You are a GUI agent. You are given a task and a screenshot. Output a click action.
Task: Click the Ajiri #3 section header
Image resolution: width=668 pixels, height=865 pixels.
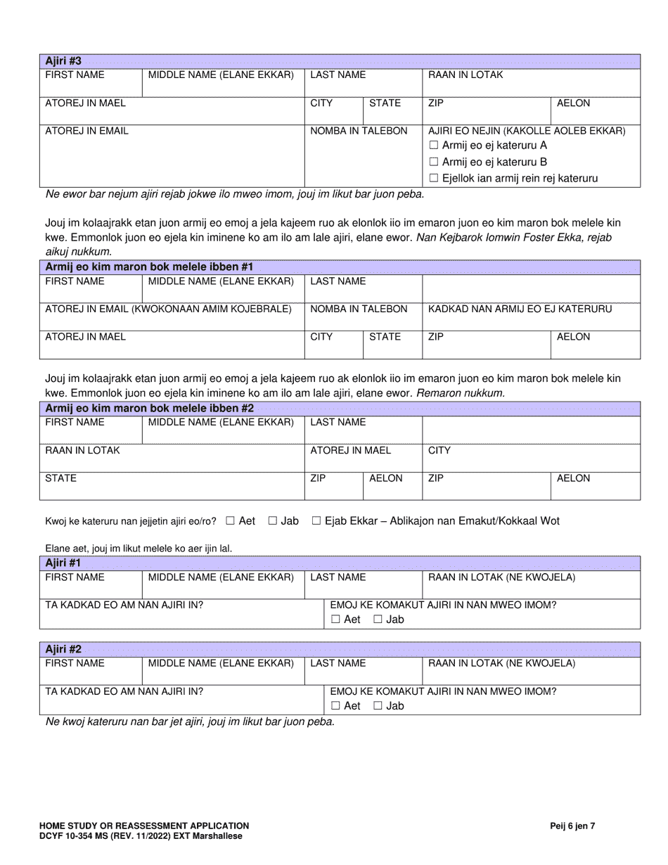(63, 61)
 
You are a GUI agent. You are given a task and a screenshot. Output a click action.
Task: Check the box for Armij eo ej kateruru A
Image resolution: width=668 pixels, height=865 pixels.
(433, 146)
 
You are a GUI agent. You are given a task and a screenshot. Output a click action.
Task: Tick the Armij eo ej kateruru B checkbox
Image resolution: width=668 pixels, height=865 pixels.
(433, 162)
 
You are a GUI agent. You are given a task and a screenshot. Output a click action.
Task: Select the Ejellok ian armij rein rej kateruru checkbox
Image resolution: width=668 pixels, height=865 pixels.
(433, 179)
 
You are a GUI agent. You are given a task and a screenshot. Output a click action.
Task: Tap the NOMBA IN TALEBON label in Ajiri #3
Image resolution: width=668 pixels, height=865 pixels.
(359, 131)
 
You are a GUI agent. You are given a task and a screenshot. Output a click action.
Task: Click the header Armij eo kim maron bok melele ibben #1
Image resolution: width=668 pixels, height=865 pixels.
(149, 267)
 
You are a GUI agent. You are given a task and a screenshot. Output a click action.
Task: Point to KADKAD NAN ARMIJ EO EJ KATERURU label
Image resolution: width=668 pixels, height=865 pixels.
(520, 309)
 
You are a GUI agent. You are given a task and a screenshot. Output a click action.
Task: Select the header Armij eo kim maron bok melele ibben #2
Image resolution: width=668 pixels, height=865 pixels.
(149, 408)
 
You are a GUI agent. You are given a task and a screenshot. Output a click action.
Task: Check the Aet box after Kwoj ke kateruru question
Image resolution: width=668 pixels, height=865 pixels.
(231, 521)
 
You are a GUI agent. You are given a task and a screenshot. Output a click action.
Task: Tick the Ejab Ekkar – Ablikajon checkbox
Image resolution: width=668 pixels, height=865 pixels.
(316, 521)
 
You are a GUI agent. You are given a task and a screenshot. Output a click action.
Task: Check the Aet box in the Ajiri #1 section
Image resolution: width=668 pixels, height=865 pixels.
(335, 620)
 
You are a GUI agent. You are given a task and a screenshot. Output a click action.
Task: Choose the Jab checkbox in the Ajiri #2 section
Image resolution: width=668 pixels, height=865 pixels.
(378, 706)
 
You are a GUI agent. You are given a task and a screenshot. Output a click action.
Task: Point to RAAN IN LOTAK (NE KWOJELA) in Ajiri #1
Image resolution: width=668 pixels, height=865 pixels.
(502, 577)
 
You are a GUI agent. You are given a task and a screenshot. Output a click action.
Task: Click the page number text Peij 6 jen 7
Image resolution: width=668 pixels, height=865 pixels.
(572, 826)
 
